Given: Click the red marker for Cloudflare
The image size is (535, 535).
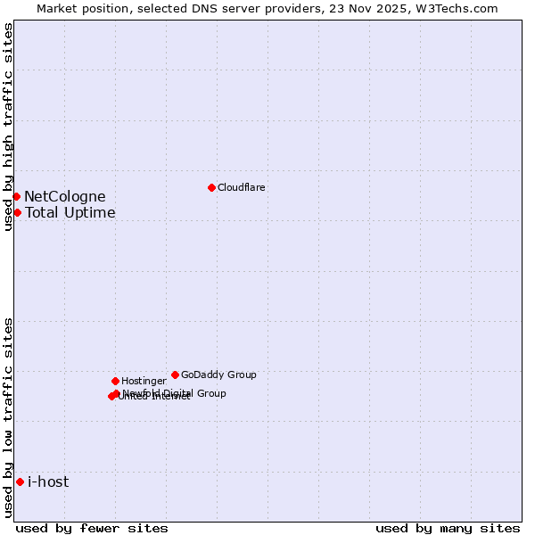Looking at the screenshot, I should pos(211,187).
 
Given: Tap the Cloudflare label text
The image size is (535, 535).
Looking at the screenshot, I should pos(242,188).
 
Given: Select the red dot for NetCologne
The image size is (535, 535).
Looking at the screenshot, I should pos(16,196).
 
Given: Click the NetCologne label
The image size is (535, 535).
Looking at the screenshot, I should pos(65,197).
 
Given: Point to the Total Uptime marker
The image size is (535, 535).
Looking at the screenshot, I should pos(17,212).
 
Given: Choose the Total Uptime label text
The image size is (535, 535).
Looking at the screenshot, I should pos(70,213).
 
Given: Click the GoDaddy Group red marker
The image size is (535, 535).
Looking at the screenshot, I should pos(175,374).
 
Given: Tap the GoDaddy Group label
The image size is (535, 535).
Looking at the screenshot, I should pos(218,375).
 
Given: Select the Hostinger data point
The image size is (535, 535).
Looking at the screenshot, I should pos(115,381).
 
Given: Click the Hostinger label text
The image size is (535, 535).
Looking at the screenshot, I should pos(144,382).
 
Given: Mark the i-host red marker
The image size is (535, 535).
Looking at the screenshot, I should pos(20,481).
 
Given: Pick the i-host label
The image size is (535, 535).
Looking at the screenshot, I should pos(48,482).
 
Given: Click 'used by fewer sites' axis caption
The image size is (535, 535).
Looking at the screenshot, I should pos(92,528).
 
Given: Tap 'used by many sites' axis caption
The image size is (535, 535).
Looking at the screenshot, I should pos(448,528).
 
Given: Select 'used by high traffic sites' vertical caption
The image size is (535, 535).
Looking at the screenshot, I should pos(8,127).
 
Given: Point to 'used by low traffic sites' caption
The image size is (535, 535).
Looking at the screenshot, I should pos(8,417).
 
